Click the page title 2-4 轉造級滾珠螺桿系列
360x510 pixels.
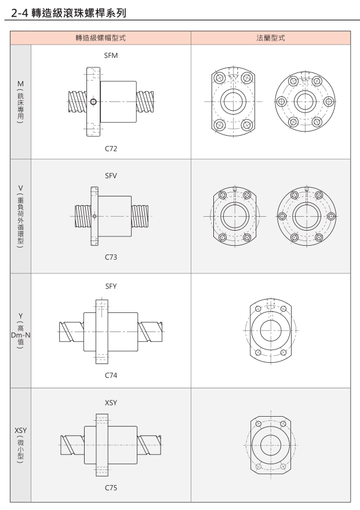point(68,13)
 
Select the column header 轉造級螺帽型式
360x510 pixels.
point(100,38)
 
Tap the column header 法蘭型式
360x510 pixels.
point(271,38)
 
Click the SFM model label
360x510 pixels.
point(111,56)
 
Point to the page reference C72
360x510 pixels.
point(111,148)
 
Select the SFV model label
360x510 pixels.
point(111,176)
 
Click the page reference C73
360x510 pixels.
point(111,257)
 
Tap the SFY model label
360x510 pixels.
point(111,286)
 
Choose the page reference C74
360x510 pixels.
point(111,376)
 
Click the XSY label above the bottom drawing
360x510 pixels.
point(111,403)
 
